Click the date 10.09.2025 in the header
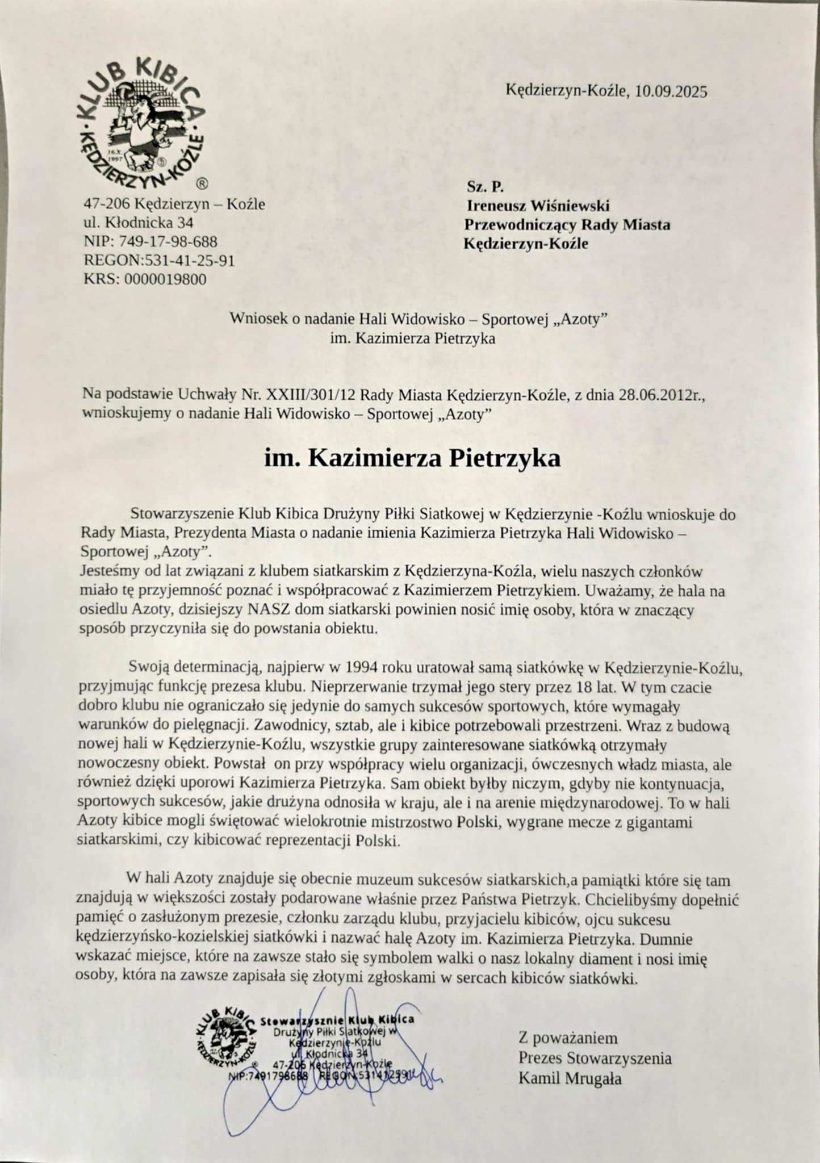pyautogui.click(x=671, y=91)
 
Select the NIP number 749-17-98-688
pyautogui.click(x=168, y=242)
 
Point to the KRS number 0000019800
pyautogui.click(x=165, y=279)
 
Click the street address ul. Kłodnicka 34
pyautogui.click(x=139, y=223)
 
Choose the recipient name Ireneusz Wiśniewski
pyautogui.click(x=538, y=206)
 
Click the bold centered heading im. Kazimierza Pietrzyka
pyautogui.click(x=412, y=458)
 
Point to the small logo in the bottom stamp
pyautogui.click(x=225, y=1039)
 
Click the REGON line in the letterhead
pyautogui.click(x=159, y=261)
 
